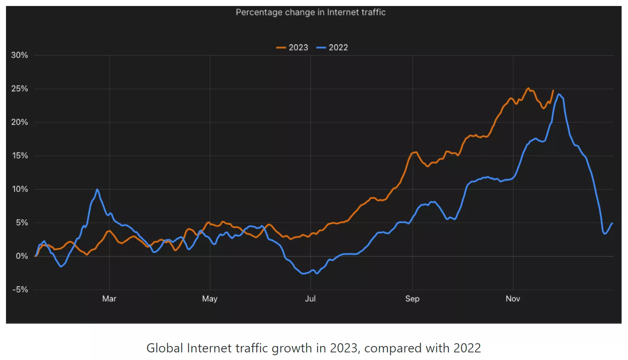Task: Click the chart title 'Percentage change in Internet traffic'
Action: tap(310, 12)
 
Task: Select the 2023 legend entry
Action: tap(292, 48)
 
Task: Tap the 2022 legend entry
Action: tap(332, 48)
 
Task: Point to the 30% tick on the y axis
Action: tap(20, 55)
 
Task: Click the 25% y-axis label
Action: tap(20, 89)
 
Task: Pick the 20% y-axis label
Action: tap(20, 122)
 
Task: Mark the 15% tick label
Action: tap(20, 156)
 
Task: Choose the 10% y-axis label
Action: tap(20, 189)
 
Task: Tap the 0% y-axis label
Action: tap(22, 256)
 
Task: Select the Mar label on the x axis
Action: tap(109, 299)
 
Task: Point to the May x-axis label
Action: tap(210, 299)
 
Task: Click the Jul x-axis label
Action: tap(310, 299)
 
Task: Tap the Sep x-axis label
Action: tap(412, 299)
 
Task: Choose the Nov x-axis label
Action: tap(513, 299)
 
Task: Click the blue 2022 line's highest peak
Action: tap(559, 94)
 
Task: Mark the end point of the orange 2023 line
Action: tap(553, 90)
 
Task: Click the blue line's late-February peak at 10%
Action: tap(97, 189)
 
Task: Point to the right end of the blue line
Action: tap(612, 223)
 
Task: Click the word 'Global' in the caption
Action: tap(164, 348)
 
